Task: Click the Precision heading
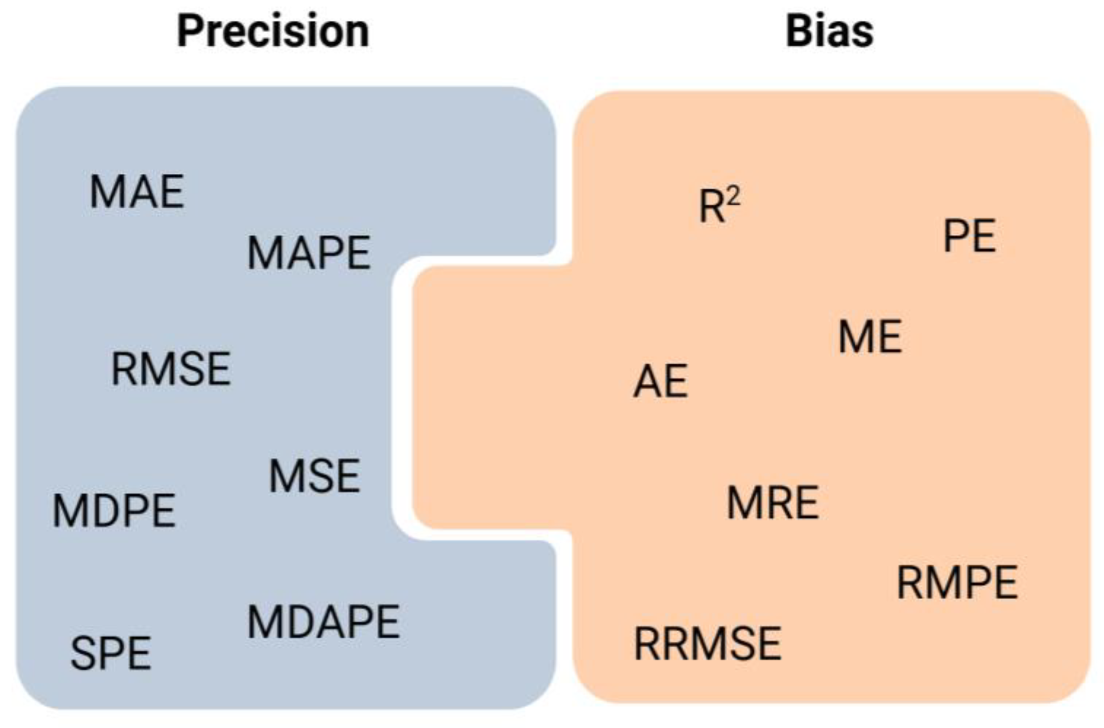pos(273,31)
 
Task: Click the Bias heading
pos(829,31)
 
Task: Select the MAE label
pos(137,192)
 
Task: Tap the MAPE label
pos(309,253)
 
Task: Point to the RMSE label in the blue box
pos(171,370)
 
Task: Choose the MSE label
pos(314,476)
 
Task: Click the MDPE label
pos(114,511)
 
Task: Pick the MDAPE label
pos(323,623)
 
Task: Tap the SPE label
pos(111,654)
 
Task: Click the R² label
pos(719,206)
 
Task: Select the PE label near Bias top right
pos(969,237)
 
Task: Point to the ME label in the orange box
pos(870,337)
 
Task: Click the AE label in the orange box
pos(661,382)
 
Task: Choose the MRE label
pos(773,503)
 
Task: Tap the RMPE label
pos(957,583)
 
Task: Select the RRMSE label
pos(708,644)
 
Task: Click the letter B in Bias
pos(798,31)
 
